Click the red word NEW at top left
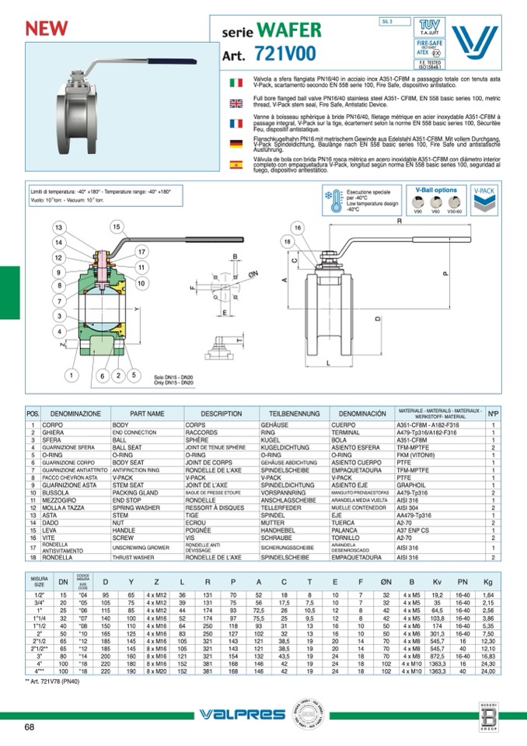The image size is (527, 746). coord(49,27)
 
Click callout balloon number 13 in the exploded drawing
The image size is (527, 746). coord(57,227)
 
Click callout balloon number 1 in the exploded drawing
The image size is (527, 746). coord(72,376)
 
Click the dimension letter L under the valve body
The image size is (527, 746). coord(330,363)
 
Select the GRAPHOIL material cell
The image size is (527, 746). coord(410,485)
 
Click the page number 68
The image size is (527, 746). coord(29,727)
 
